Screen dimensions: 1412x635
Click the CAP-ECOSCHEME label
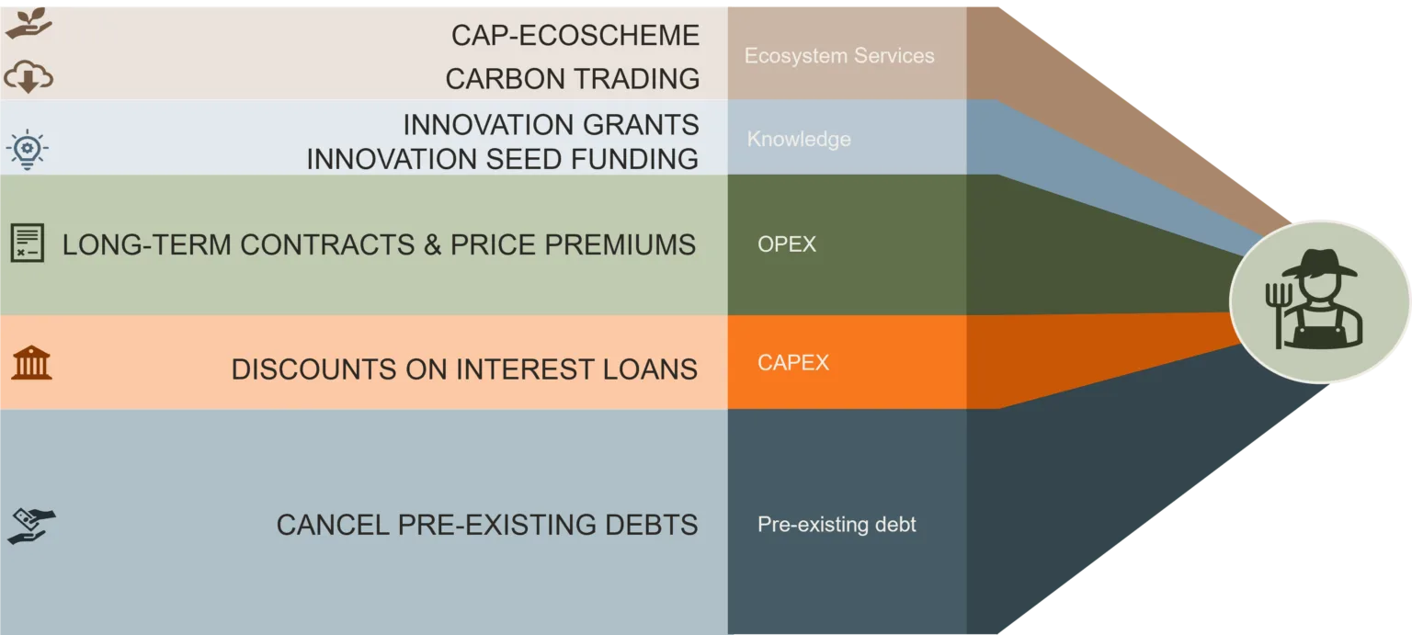point(575,35)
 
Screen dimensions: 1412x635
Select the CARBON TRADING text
point(573,79)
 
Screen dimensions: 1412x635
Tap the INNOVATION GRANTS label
point(551,125)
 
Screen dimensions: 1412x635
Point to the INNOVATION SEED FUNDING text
point(503,159)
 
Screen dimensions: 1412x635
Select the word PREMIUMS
point(621,244)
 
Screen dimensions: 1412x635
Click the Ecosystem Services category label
point(839,55)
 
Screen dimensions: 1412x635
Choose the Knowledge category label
point(799,139)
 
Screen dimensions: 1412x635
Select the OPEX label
point(787,244)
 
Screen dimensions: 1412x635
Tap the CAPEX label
point(793,362)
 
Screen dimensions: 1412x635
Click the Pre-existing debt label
point(837,524)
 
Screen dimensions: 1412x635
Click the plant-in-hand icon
point(28,23)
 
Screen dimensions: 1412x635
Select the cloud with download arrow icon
point(28,77)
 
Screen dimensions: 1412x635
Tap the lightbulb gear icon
point(27,150)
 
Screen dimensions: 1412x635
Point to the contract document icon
point(27,243)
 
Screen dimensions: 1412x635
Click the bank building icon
point(31,363)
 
